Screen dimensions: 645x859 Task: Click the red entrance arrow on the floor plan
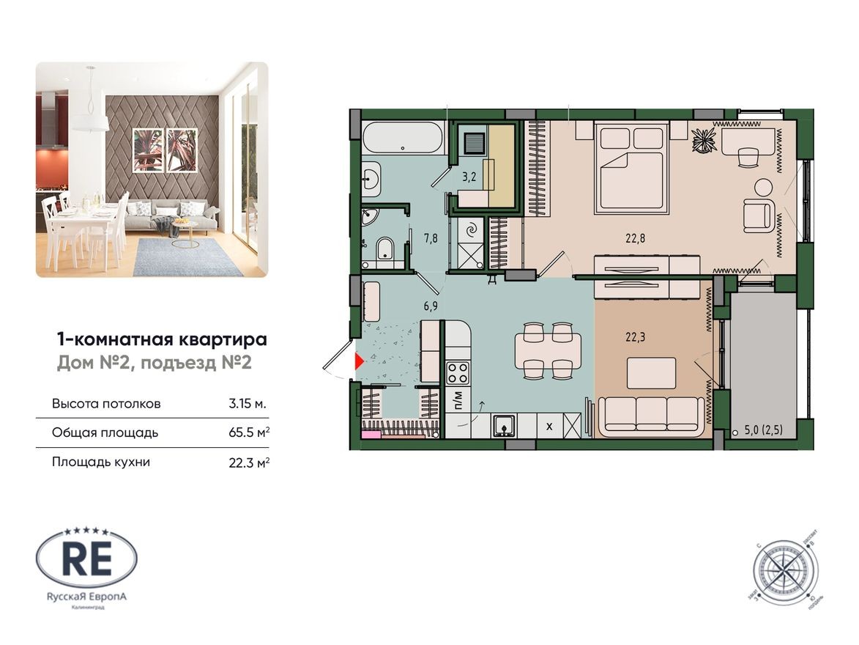click(359, 361)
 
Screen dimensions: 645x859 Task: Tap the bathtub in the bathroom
click(403, 137)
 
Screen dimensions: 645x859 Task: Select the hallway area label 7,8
click(431, 237)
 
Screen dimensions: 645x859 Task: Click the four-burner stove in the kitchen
click(458, 373)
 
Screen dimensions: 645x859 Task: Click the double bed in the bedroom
click(631, 169)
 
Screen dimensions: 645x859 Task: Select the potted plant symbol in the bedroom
click(704, 139)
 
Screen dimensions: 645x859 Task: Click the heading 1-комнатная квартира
click(162, 339)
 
